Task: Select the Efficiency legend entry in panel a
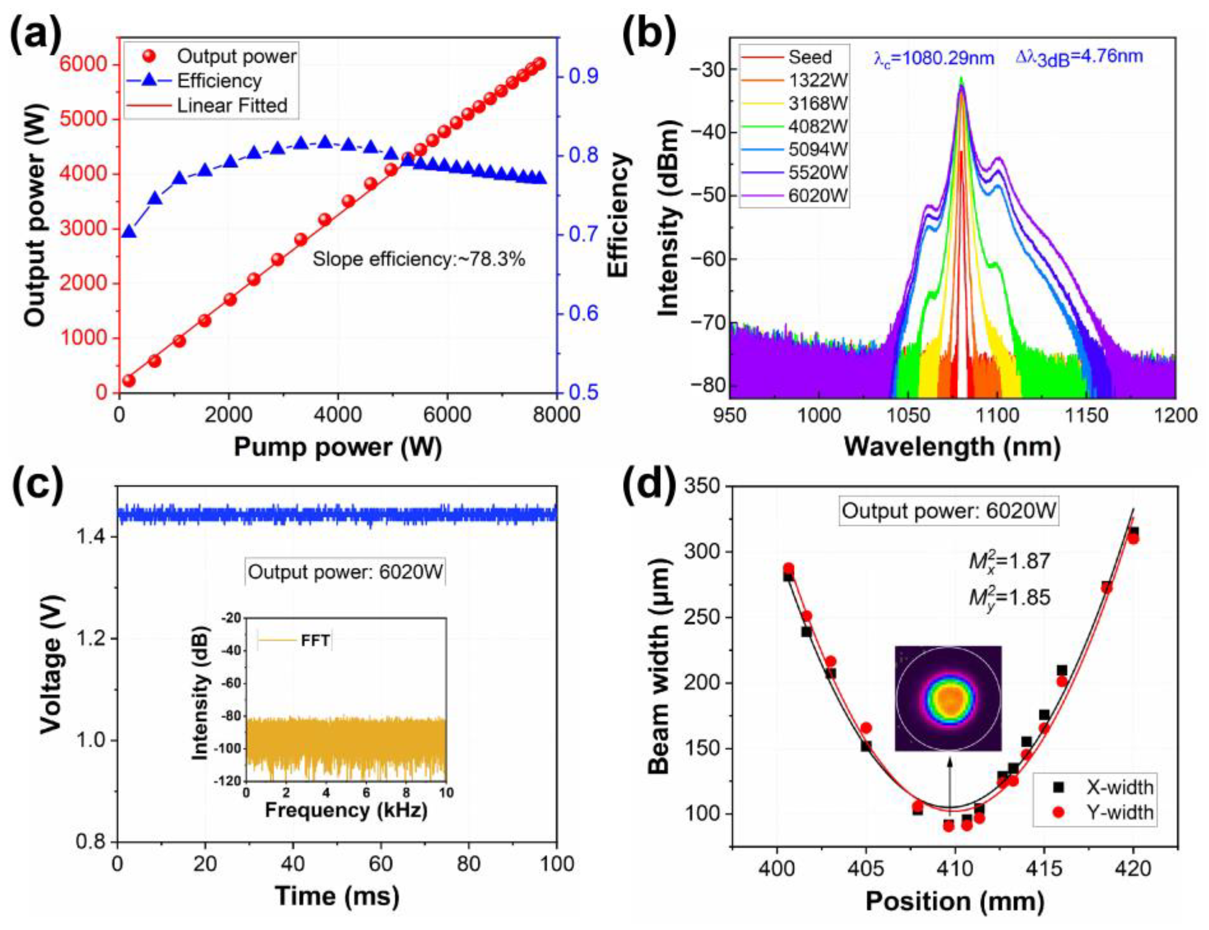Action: click(218, 81)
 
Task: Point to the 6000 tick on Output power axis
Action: click(83, 64)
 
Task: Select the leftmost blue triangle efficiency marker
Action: click(129, 231)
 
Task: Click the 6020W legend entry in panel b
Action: click(817, 196)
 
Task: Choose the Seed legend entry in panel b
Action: click(810, 57)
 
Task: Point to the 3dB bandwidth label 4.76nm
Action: click(1079, 57)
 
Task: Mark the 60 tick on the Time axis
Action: click(381, 864)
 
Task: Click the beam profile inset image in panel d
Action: click(948, 698)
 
